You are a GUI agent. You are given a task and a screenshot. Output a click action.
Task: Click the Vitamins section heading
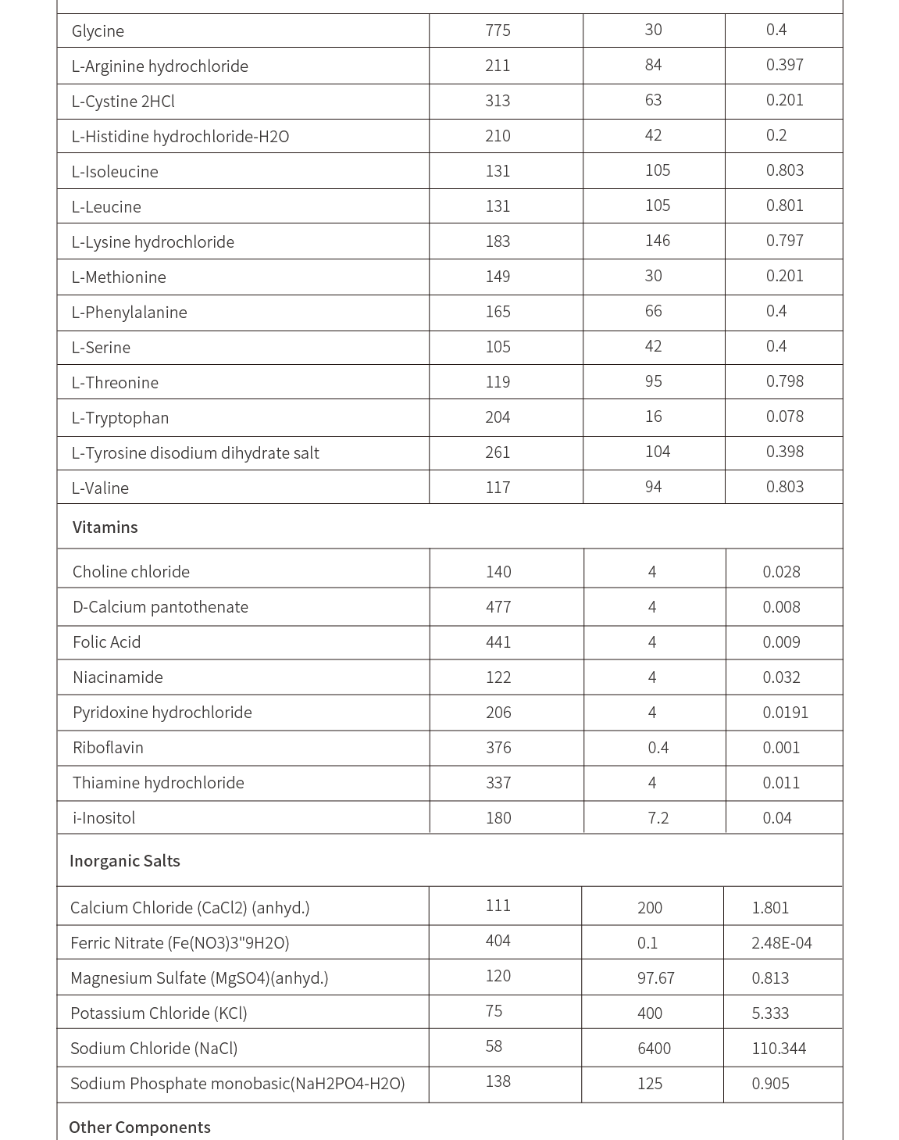pos(105,527)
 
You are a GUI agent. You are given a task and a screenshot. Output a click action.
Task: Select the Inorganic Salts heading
pos(124,861)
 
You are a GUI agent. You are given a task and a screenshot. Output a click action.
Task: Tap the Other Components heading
pos(139,1127)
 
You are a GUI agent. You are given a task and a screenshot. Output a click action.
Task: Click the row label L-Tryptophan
pos(120,418)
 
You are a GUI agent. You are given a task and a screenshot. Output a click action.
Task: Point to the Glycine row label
pos(98,31)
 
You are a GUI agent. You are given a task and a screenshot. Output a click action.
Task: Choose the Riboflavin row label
pos(108,748)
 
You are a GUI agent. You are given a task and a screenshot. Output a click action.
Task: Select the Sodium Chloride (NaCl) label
pos(154,1049)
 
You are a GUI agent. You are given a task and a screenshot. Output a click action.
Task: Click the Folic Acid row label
pos(106,642)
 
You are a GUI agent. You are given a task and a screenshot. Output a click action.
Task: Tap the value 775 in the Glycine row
pos(498,30)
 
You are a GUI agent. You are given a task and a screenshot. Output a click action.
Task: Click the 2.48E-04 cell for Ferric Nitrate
pos(781,943)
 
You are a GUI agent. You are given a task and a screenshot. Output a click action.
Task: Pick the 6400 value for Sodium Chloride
pos(654,1049)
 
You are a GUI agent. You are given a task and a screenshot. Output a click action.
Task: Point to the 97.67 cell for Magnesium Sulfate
pos(655,978)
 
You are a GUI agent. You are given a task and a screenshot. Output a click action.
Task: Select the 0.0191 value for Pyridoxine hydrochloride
pos(785,713)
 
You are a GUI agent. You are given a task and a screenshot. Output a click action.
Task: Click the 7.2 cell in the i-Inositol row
pos(658,818)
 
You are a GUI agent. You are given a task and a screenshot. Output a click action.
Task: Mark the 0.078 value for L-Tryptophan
pos(784,416)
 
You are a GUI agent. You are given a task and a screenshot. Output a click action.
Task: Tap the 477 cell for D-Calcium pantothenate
pos(498,607)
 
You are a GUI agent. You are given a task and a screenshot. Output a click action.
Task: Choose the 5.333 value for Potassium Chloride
pos(770,1013)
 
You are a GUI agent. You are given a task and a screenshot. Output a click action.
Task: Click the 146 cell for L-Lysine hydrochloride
pos(657,241)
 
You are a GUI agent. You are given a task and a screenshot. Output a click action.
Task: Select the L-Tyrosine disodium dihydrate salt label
pos(194,453)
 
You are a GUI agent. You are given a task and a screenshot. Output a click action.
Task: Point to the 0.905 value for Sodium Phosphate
pos(770,1084)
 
